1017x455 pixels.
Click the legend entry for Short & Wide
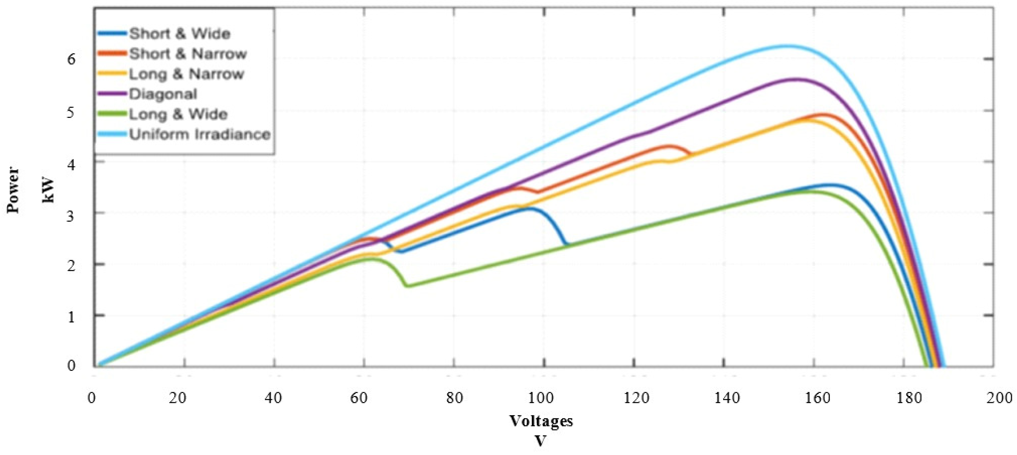[180, 34]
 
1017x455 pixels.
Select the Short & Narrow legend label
[188, 54]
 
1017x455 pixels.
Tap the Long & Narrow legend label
[186, 74]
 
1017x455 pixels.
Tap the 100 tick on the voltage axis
[541, 398]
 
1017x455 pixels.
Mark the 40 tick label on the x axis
[273, 398]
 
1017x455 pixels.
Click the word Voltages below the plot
[541, 421]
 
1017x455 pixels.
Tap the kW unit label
[49, 190]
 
